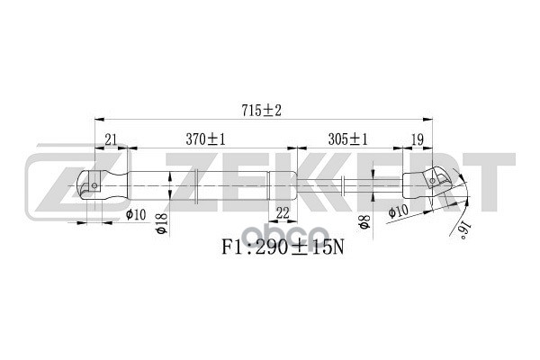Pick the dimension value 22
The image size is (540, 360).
tap(282, 212)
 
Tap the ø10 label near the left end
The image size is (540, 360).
tap(137, 213)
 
